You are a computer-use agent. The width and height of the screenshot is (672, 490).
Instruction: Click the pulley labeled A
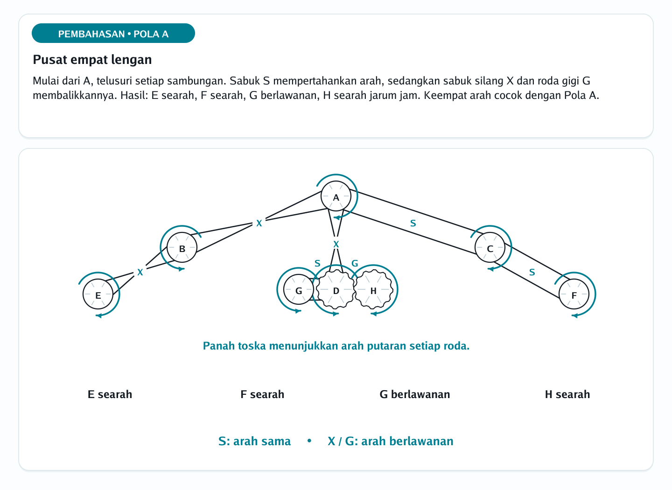pos(336,196)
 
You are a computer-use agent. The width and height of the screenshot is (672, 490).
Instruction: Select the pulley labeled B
pos(182,247)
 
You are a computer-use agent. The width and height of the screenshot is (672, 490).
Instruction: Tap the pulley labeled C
pos(490,247)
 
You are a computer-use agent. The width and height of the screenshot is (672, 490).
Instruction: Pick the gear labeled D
pos(336,289)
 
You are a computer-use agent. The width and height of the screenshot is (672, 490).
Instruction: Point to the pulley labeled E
pos(98,294)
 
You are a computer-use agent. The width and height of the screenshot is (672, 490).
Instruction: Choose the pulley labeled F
pos(574,294)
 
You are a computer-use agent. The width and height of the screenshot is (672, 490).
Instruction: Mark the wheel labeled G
pos(299,289)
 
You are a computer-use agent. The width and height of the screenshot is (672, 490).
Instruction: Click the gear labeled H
pos(373,289)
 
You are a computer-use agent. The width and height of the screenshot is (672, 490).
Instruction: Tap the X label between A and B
pos(259,223)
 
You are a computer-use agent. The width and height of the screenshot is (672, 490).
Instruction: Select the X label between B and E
pos(140,272)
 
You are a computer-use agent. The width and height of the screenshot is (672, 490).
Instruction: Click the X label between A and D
pos(336,244)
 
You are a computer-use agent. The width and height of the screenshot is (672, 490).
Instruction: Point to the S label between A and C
pos(413,223)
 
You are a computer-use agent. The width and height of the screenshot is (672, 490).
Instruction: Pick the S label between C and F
pos(532,272)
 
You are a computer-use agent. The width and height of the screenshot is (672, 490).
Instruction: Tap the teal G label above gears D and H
pos(355,264)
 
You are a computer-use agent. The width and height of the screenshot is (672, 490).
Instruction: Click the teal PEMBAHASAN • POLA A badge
pos(113,33)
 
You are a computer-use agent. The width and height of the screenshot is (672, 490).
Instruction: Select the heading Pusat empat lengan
pos(92,59)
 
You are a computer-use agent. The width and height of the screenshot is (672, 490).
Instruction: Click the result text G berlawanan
pos(414,394)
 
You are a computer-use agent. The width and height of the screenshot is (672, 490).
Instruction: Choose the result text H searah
pos(567,394)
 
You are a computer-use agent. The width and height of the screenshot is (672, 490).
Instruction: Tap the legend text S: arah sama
pos(254,441)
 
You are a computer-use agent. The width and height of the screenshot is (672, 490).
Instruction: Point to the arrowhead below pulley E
pos(98,315)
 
